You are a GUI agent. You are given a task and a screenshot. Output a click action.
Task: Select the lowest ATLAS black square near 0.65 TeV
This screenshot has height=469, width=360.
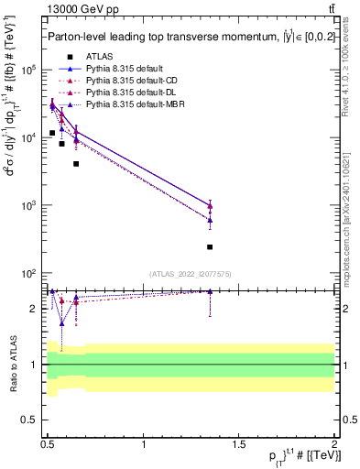(x=76, y=164)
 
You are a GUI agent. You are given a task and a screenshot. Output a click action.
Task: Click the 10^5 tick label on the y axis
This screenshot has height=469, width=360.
(x=28, y=70)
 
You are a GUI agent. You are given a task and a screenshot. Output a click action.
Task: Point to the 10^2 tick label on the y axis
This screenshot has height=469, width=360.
(x=28, y=273)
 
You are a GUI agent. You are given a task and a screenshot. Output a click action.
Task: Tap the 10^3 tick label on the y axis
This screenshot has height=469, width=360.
(x=28, y=205)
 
